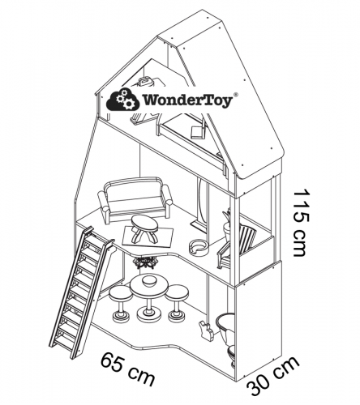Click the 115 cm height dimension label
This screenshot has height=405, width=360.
point(301,223)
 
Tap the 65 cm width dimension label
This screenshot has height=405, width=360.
point(128,369)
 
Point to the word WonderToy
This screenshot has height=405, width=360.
point(187,100)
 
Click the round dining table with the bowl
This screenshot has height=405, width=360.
point(149,296)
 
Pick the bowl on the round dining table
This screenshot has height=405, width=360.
point(149,282)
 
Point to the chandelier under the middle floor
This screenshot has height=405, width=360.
point(147,262)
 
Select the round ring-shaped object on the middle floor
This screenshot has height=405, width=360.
point(199,247)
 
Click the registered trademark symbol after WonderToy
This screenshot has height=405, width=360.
point(236,95)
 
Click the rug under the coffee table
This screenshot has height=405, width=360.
point(148,236)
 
